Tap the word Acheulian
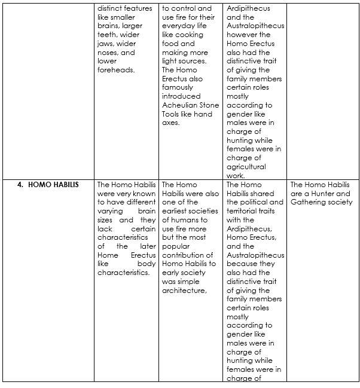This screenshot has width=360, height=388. (180, 105)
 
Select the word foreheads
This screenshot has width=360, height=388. (116, 70)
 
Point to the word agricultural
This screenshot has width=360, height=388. (246, 167)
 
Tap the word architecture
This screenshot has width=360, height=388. (184, 291)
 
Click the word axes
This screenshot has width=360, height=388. (170, 123)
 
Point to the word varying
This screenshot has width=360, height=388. (111, 211)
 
